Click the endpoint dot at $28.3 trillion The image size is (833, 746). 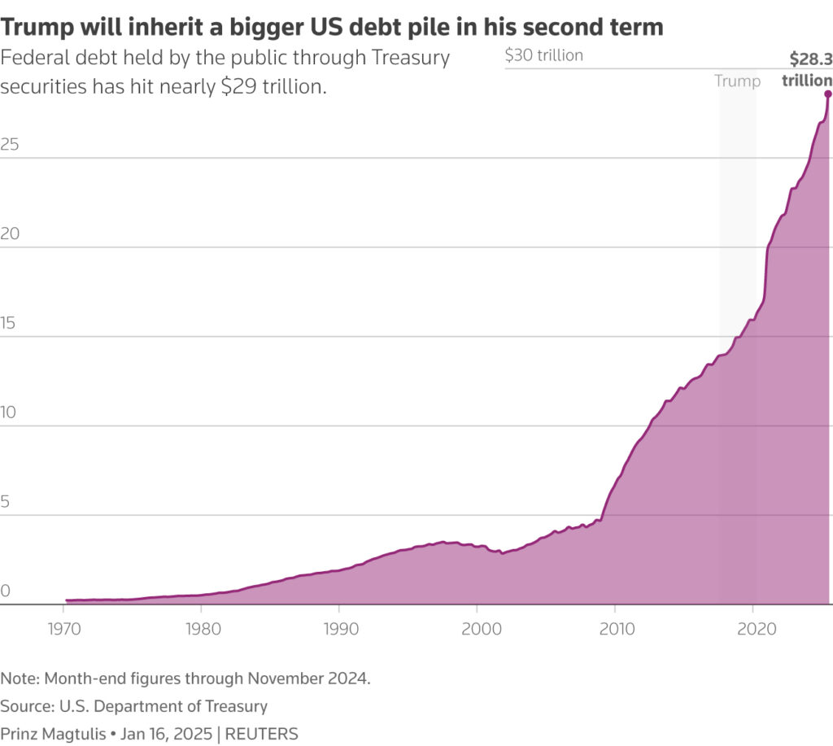click(x=827, y=94)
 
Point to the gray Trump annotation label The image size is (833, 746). click(x=737, y=81)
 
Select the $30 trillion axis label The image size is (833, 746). click(x=544, y=55)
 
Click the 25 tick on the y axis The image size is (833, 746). click(x=10, y=144)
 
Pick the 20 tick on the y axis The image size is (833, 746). click(x=10, y=233)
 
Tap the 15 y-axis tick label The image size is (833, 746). click(x=8, y=322)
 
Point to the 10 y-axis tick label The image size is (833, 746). click(x=8, y=412)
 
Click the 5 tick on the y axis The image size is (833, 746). click(x=5, y=501)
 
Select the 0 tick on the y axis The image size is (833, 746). click(x=6, y=591)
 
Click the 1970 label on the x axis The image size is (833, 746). click(x=64, y=629)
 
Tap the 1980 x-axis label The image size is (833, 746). click(x=203, y=629)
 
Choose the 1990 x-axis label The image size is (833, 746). click(x=341, y=629)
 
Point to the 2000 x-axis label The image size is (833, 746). click(x=482, y=629)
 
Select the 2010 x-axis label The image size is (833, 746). click(x=617, y=629)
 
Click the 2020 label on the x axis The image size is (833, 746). click(x=757, y=629)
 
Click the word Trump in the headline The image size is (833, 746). click(x=37, y=27)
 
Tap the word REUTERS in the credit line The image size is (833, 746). click(x=261, y=734)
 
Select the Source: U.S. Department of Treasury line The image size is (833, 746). click(x=134, y=706)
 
